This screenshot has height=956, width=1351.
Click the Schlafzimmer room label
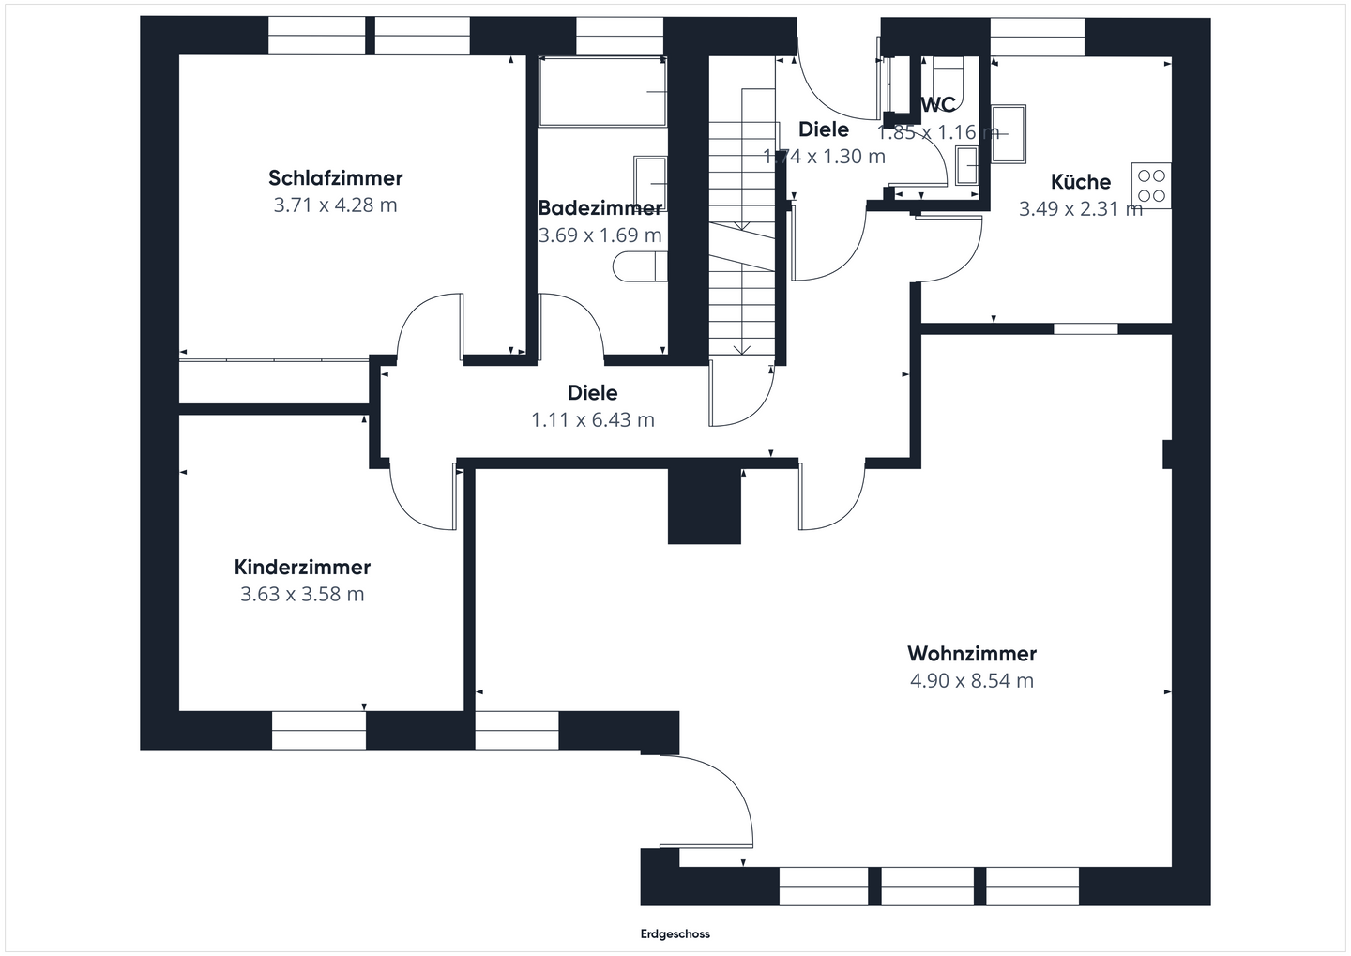335,178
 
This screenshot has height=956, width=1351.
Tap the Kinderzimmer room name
302,568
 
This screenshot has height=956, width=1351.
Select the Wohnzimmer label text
971,654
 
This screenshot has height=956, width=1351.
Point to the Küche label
1080,182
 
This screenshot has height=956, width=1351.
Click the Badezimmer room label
600,208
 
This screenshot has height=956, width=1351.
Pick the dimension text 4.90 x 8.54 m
971,681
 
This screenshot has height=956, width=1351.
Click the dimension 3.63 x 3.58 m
302,595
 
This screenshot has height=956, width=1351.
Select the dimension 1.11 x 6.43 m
592,420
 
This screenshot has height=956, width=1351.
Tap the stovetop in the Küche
1151,185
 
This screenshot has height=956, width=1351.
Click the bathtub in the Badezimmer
602,92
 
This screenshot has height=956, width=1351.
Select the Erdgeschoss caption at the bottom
675,934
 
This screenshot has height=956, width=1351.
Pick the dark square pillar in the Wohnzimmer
705,507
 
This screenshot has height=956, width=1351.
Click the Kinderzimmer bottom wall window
318,731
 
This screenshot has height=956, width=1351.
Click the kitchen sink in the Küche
1009,133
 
